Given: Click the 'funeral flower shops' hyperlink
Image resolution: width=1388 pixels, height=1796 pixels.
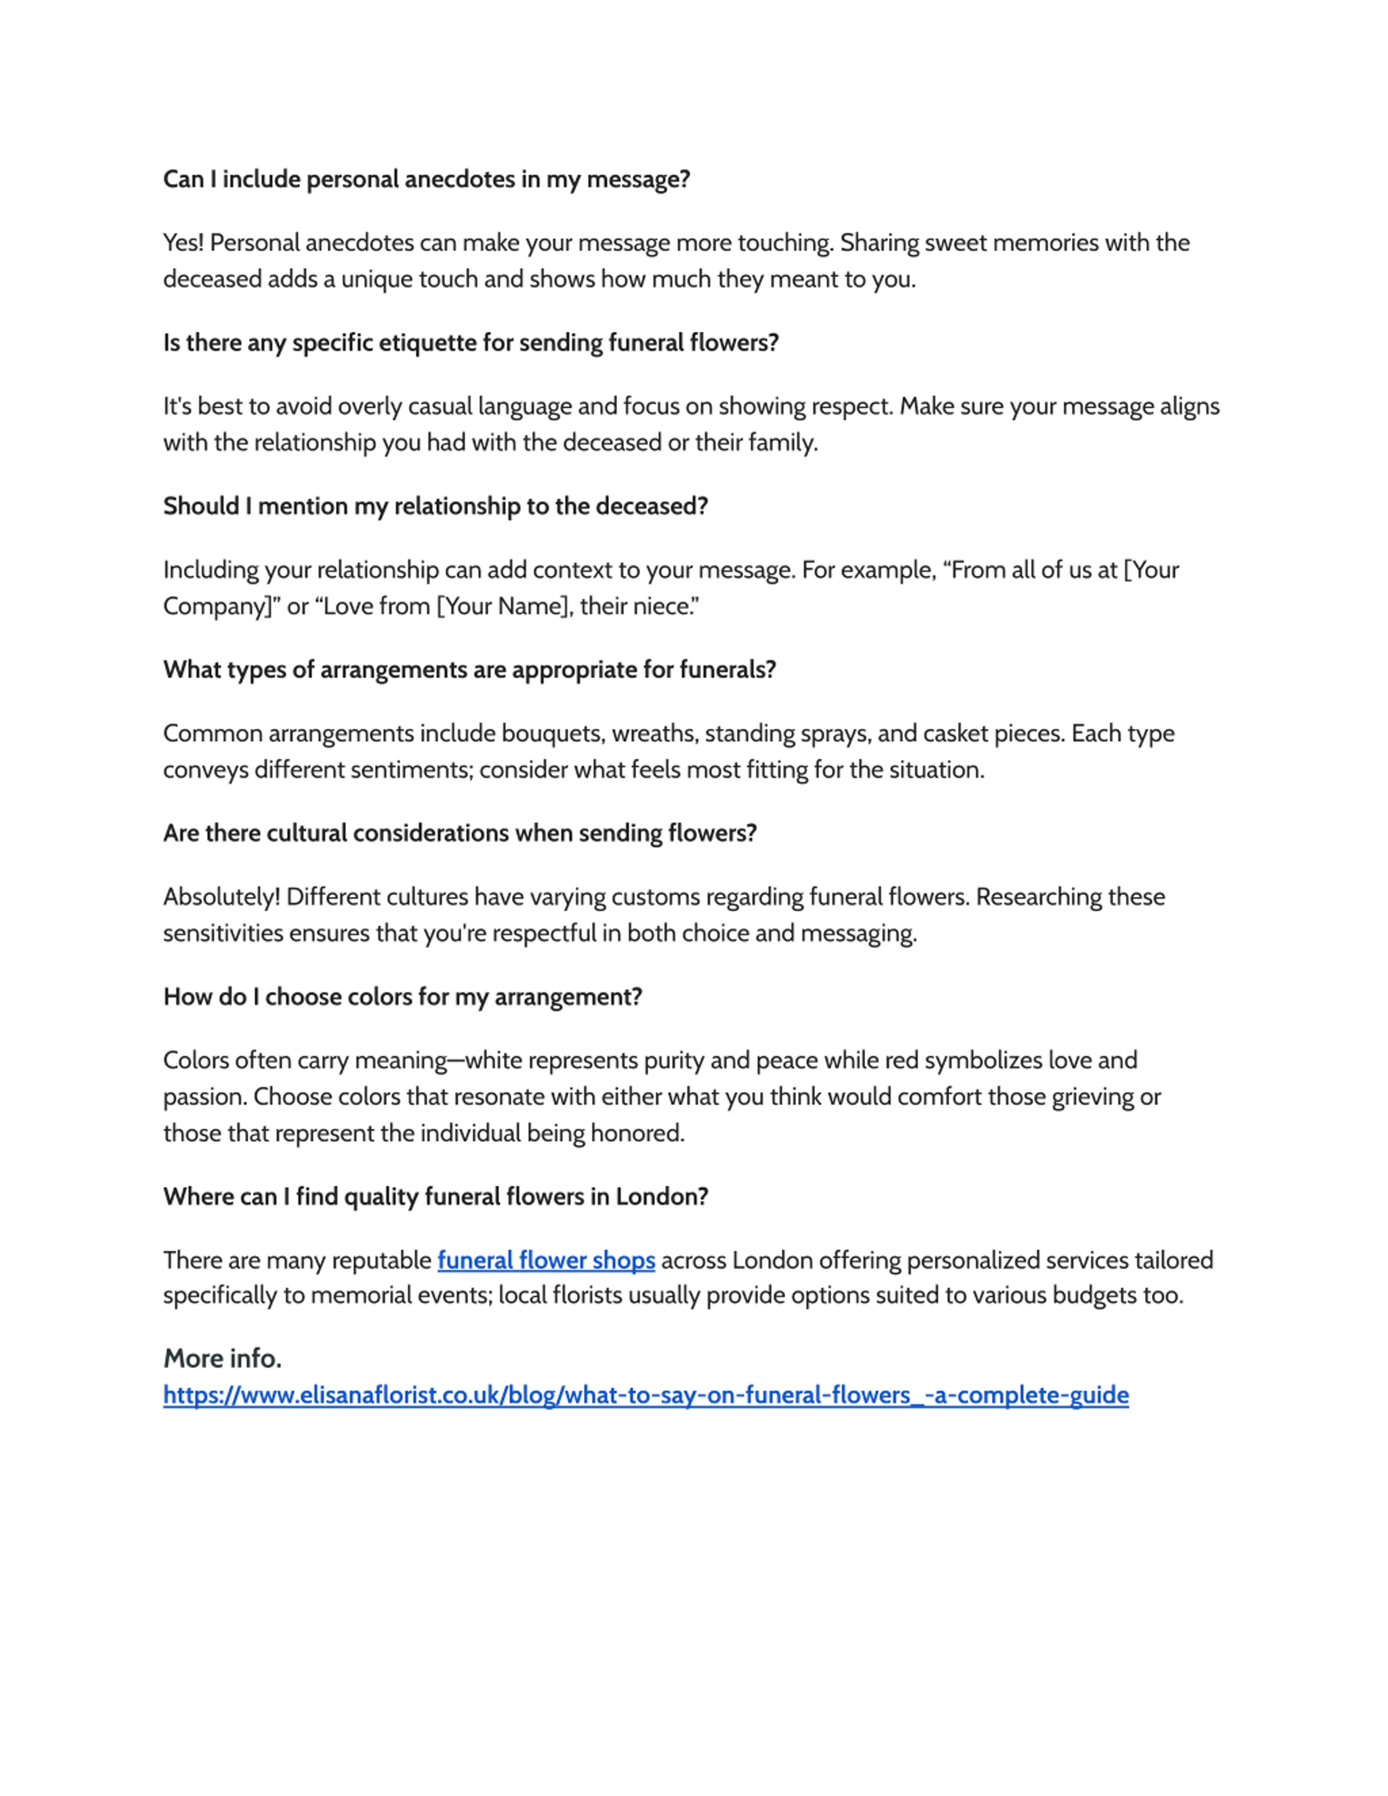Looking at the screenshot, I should [x=546, y=1260].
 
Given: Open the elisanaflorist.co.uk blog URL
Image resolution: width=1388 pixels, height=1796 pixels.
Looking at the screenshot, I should [x=646, y=1395].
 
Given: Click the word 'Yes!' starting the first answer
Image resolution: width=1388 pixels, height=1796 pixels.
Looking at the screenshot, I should [x=183, y=243].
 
